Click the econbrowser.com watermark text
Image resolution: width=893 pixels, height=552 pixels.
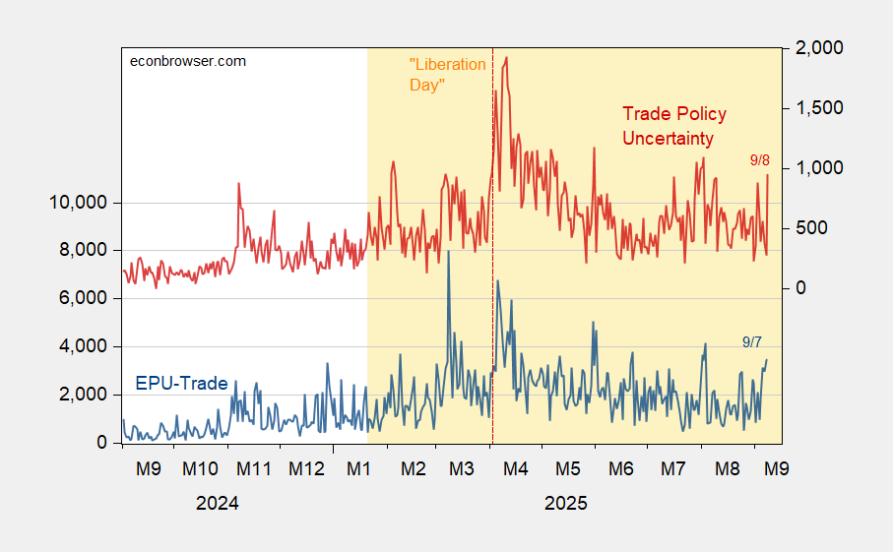[x=188, y=61]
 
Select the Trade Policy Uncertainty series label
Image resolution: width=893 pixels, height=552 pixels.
[x=674, y=126]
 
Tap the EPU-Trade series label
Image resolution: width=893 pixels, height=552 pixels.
[x=181, y=384]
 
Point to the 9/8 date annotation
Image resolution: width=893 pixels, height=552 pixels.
[x=760, y=159]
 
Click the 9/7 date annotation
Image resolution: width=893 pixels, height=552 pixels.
[x=752, y=341]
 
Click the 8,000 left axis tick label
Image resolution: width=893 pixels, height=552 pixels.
[x=82, y=250]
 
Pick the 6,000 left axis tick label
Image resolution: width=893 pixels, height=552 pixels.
[x=82, y=298]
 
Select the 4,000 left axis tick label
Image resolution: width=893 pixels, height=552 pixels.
[x=82, y=346]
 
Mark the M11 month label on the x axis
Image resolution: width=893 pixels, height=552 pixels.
[x=253, y=468]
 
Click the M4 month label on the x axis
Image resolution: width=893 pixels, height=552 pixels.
[x=516, y=468]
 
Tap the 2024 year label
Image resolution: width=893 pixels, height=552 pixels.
[x=217, y=503]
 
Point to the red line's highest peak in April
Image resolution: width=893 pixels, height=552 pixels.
[x=506, y=57]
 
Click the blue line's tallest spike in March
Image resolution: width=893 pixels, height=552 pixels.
[x=449, y=252]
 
